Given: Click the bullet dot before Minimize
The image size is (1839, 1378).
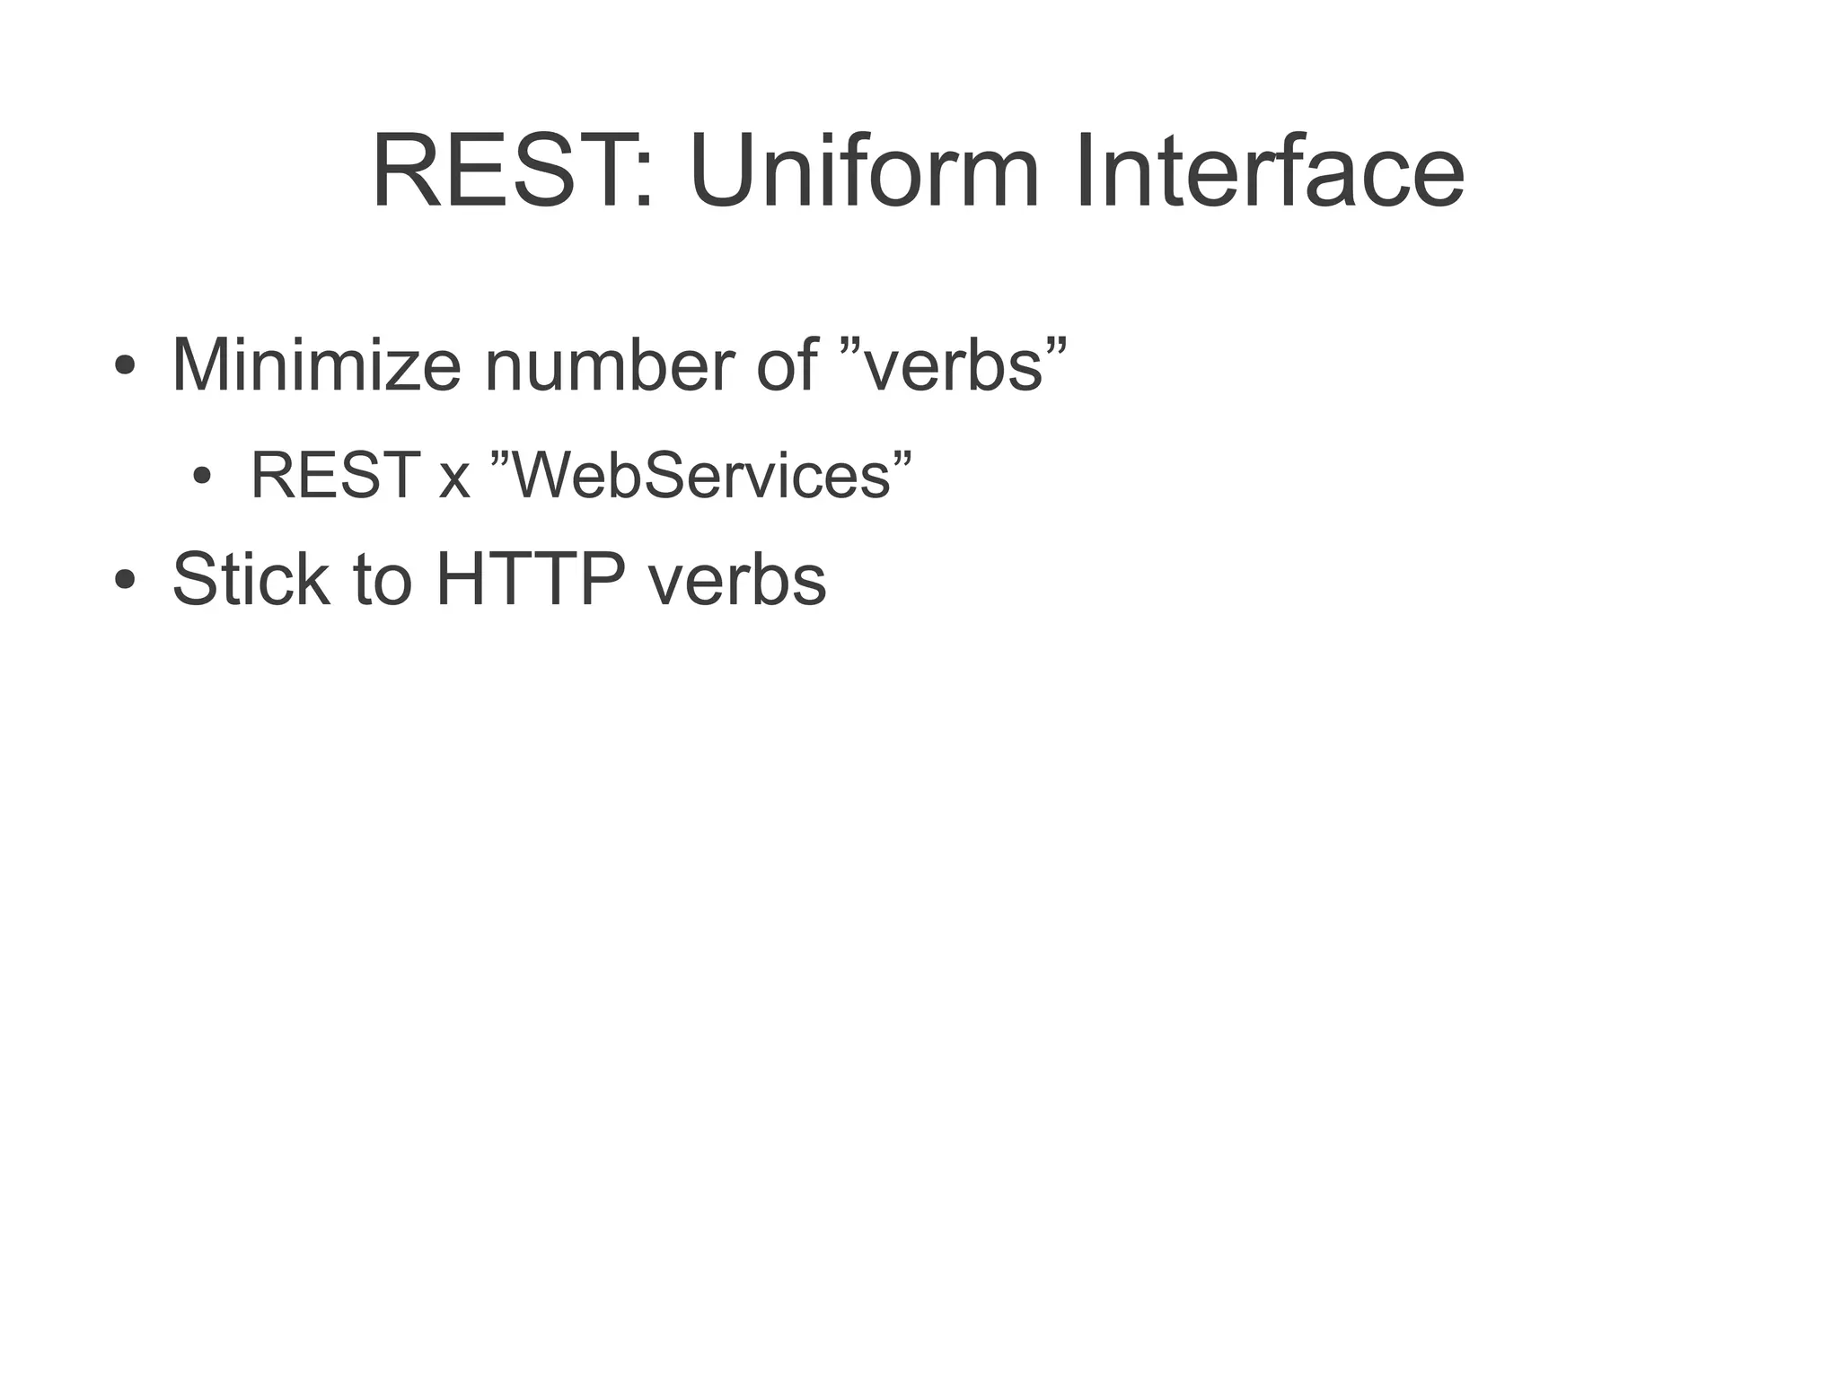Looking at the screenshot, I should (125, 365).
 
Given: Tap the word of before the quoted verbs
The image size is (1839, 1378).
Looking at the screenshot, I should (787, 365).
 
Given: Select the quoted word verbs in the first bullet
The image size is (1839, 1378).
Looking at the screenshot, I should (957, 365).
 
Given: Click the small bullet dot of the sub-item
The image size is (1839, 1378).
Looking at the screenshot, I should (202, 475).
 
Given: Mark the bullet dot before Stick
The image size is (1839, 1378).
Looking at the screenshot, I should (125, 579).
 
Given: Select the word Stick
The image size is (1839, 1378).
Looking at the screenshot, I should (251, 579).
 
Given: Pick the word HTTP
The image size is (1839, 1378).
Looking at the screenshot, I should (531, 579).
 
